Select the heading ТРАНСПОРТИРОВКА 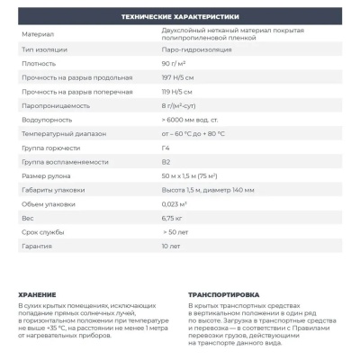click(x=224, y=294)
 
